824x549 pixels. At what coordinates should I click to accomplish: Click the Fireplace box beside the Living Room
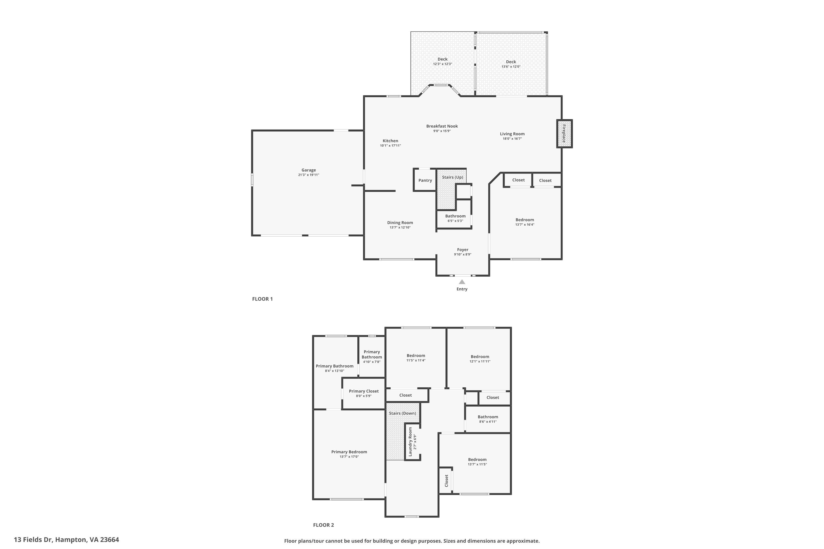click(564, 133)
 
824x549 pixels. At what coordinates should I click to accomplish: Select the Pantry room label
click(425, 180)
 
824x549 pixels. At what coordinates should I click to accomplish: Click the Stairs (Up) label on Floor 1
click(452, 177)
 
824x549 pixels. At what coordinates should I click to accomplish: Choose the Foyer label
click(463, 250)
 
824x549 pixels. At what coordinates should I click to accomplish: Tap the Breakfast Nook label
click(442, 126)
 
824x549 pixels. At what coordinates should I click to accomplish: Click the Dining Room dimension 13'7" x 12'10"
click(400, 228)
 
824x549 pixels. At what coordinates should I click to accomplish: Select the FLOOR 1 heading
click(262, 299)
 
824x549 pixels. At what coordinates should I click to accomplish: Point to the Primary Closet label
click(364, 391)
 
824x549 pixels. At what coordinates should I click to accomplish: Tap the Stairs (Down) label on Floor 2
click(403, 413)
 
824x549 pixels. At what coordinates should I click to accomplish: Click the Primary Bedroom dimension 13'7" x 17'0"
click(349, 456)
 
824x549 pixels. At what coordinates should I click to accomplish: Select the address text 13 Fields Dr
click(33, 540)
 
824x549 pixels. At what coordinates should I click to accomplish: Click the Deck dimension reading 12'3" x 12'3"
click(442, 64)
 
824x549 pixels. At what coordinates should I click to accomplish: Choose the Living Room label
click(512, 134)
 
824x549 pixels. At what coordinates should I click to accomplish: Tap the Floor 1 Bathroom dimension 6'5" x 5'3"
click(455, 221)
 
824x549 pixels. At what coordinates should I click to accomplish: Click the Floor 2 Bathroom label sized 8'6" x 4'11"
click(488, 417)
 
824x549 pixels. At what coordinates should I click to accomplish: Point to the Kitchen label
click(390, 141)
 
